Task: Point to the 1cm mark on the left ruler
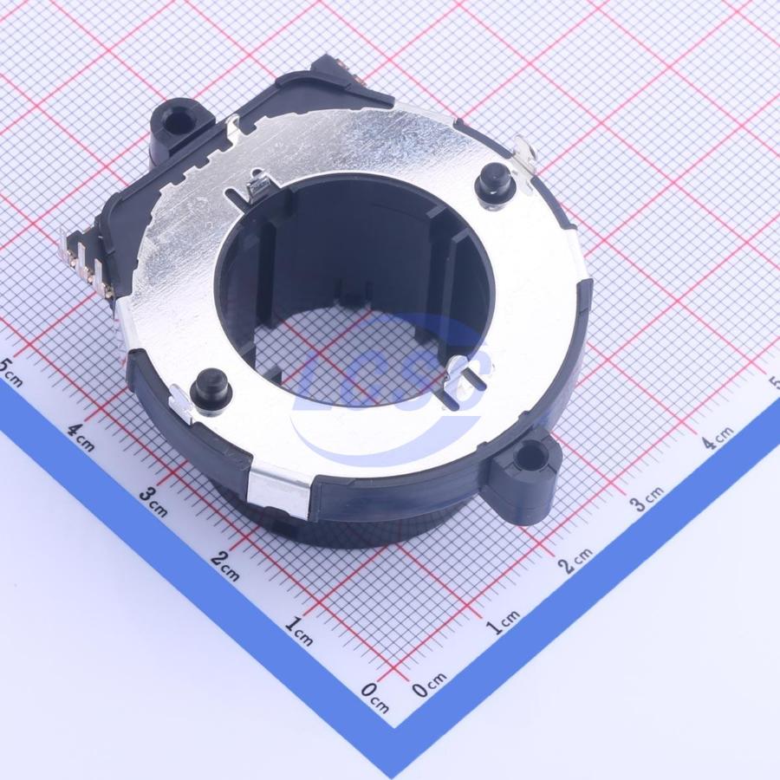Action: point(299,631)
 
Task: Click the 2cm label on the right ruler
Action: point(575,560)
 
